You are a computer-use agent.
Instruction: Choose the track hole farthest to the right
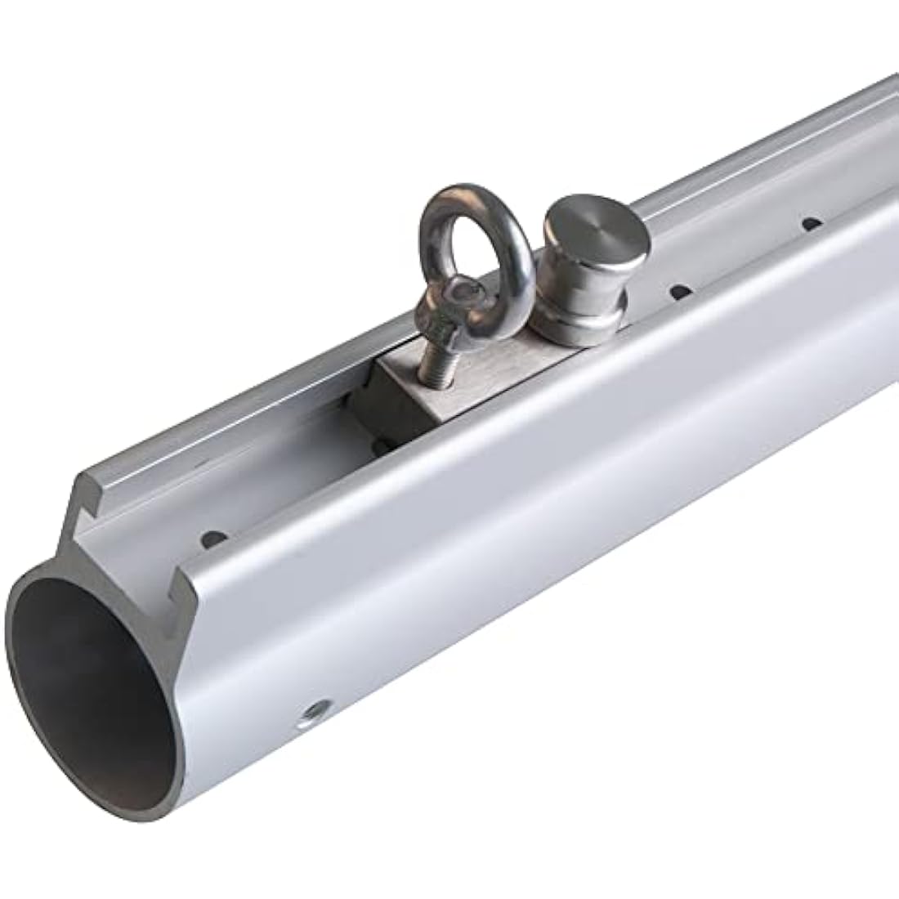[x=812, y=222]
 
